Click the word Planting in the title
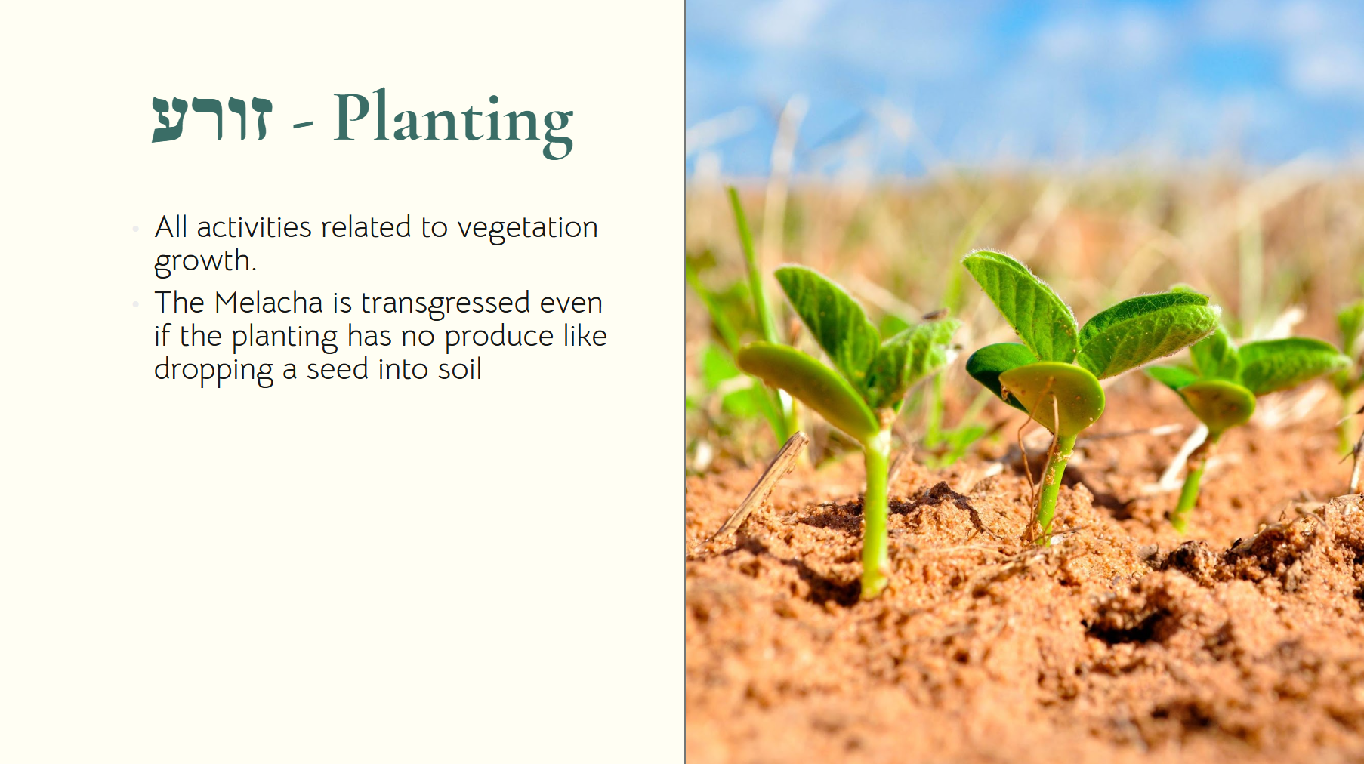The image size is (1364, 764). click(x=453, y=122)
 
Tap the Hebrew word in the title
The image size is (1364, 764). click(x=211, y=119)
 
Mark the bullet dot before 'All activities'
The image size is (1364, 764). click(x=135, y=228)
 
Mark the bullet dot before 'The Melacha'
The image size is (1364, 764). click(x=135, y=304)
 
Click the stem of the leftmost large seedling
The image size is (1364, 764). click(x=876, y=513)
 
